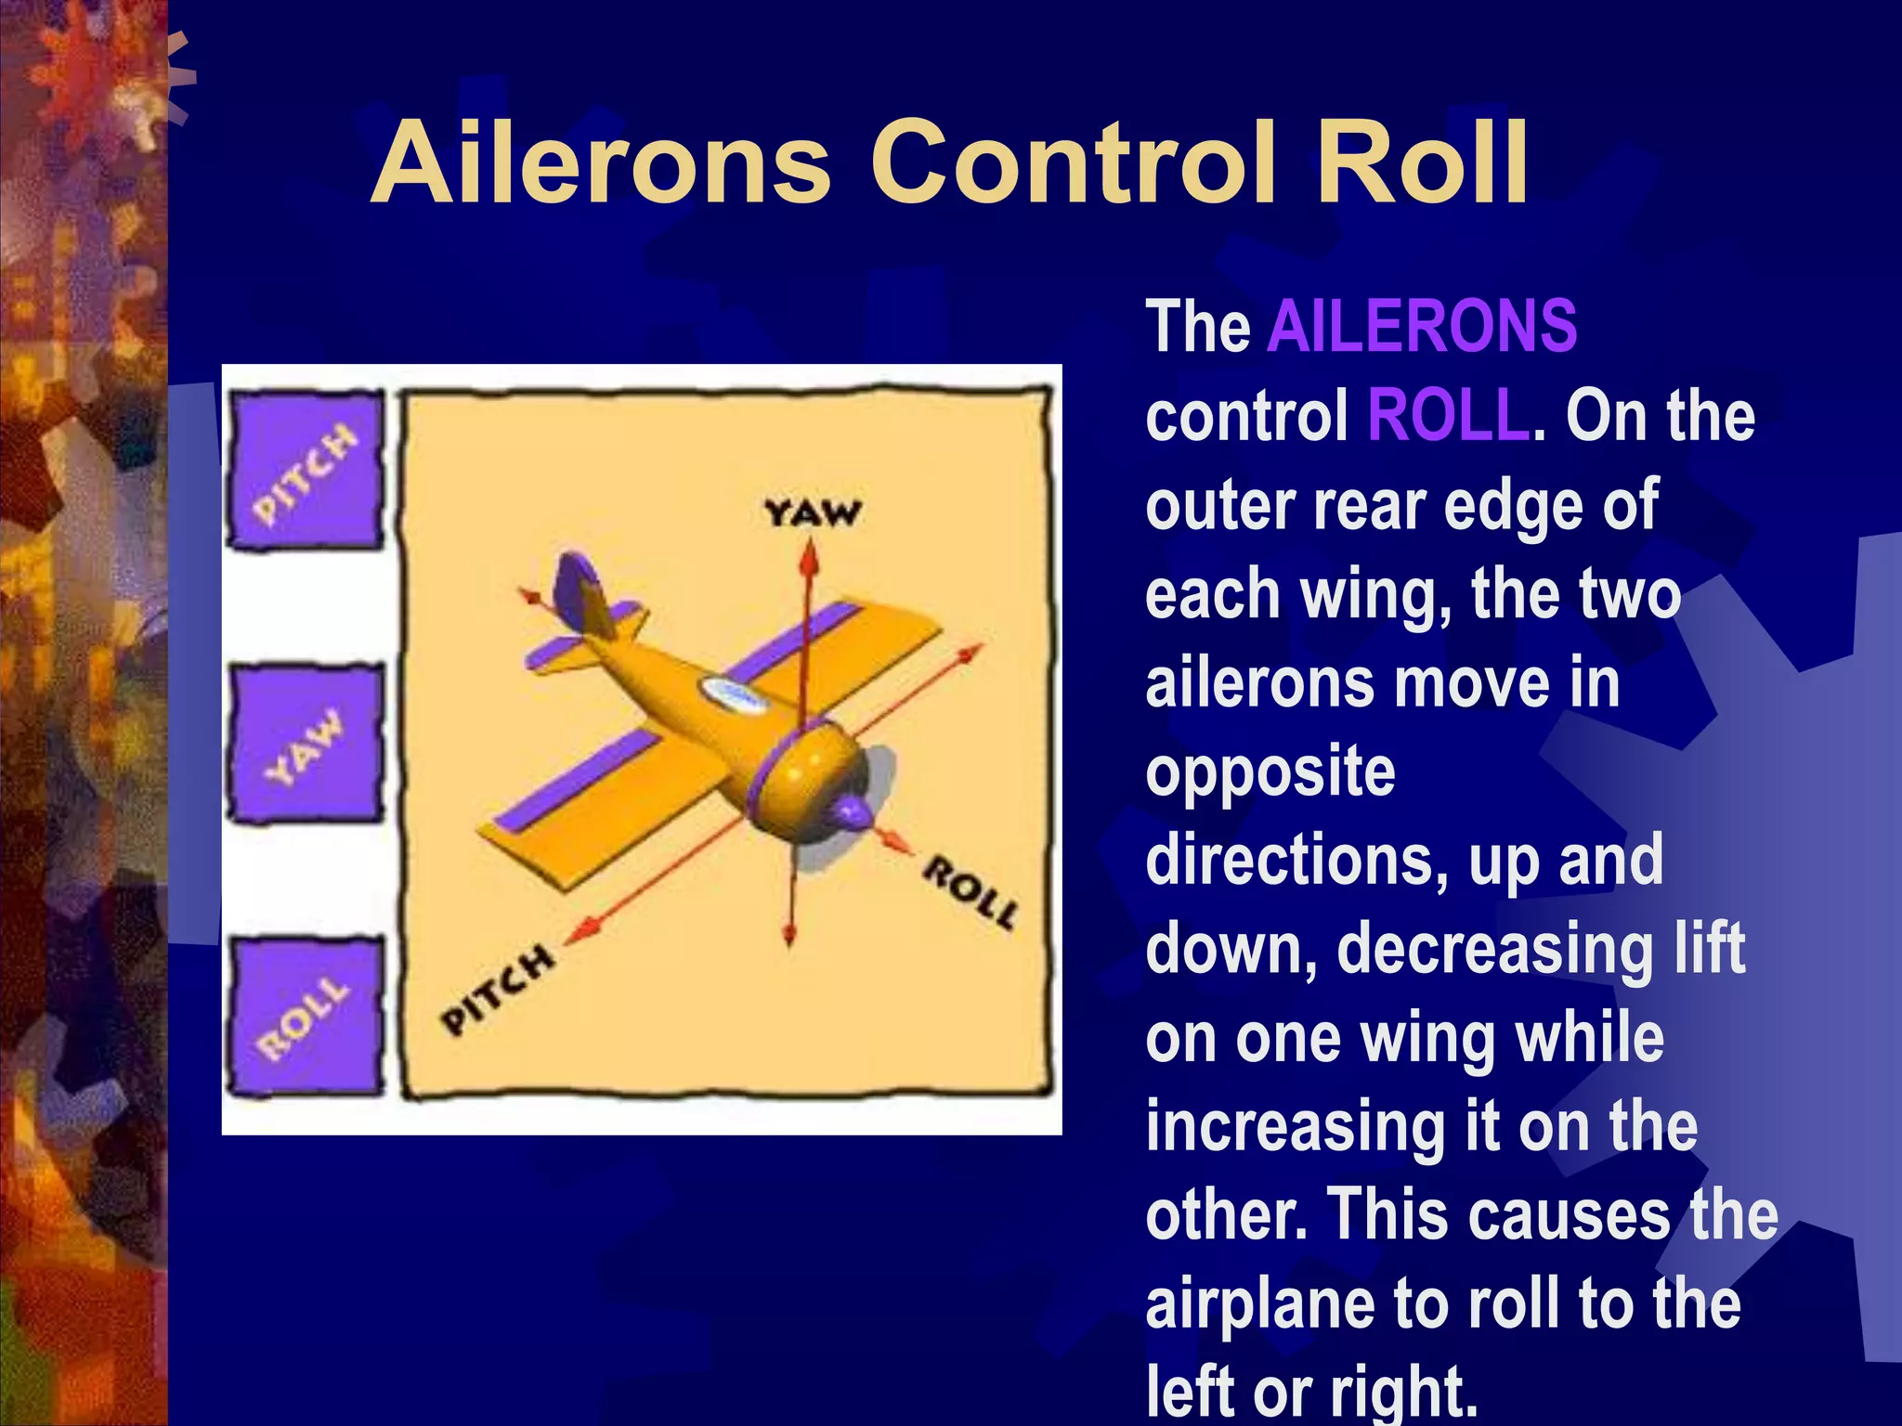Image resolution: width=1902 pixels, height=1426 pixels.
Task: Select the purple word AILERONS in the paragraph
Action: click(x=1422, y=327)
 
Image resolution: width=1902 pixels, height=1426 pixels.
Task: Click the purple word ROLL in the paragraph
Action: click(x=1448, y=416)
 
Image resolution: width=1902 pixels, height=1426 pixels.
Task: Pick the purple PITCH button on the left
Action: click(x=306, y=472)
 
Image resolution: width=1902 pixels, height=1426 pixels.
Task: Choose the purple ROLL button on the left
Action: click(x=306, y=1017)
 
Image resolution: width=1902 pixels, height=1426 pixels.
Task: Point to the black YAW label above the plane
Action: click(x=813, y=512)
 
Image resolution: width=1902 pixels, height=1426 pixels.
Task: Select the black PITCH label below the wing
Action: click(x=497, y=989)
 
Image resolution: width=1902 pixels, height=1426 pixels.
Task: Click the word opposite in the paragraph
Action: click(x=1270, y=772)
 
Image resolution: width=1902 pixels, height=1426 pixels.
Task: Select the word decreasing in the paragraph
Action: click(x=1496, y=950)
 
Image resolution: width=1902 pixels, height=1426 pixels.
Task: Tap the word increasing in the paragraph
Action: click(x=1294, y=1127)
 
